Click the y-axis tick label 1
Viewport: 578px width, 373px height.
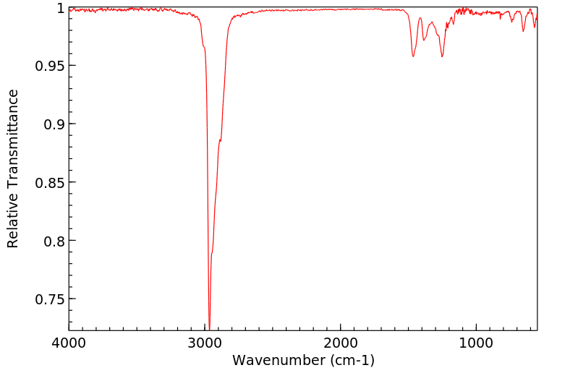coord(60,8)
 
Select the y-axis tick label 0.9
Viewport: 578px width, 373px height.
coord(54,124)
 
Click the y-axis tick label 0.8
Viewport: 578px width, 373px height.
coord(54,241)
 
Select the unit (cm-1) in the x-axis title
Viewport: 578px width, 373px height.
coord(352,360)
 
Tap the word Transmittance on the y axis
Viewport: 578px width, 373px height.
coord(13,137)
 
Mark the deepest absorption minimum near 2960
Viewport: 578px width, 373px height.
coord(209,329)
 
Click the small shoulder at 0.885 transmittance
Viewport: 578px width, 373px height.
coord(219,140)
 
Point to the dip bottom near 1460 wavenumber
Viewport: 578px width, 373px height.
coord(413,56)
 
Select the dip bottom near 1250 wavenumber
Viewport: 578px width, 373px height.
coord(442,57)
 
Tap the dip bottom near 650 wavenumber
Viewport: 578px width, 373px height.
coord(524,31)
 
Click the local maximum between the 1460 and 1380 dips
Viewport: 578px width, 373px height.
coord(420,18)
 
